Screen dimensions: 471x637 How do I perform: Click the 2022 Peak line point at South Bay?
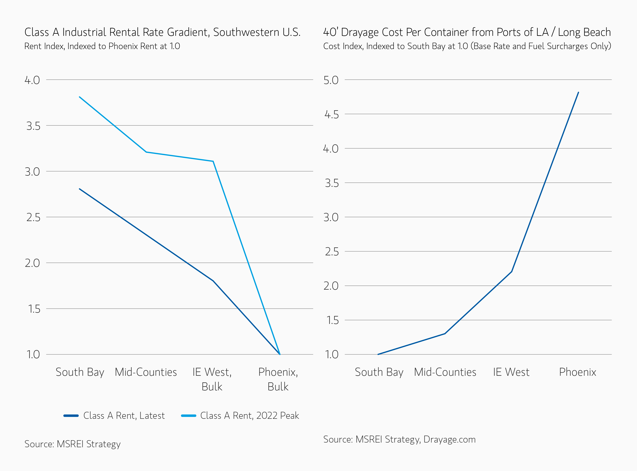click(x=79, y=97)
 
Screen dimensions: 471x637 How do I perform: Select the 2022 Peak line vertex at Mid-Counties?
click(x=146, y=152)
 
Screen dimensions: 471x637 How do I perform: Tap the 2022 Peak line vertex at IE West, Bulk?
click(x=213, y=161)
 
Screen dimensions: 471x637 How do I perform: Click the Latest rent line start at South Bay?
click(x=79, y=189)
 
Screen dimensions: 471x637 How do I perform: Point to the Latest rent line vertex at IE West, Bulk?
click(x=213, y=281)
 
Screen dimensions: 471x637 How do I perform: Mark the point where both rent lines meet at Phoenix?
click(x=280, y=354)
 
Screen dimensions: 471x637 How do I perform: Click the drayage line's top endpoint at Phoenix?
click(x=578, y=92)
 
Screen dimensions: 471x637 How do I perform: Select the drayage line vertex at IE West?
click(x=512, y=272)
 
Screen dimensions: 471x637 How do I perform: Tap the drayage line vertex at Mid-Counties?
click(x=445, y=334)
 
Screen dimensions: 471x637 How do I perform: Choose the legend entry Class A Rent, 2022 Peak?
click(x=249, y=416)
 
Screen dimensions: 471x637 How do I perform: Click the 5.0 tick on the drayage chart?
click(x=331, y=80)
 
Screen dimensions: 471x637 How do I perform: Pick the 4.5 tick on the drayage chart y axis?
click(x=332, y=115)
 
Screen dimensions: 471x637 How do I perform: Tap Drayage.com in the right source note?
click(x=449, y=439)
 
